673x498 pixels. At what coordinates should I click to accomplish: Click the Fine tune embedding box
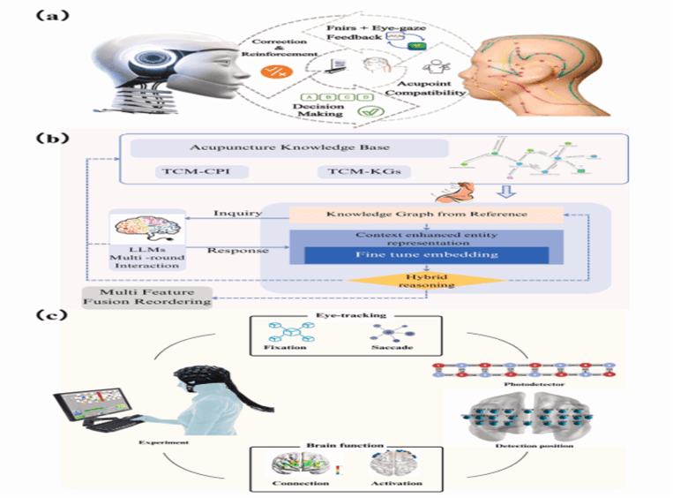click(428, 254)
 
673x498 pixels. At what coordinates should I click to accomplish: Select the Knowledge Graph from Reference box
click(427, 214)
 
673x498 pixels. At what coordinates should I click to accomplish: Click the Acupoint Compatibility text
click(438, 87)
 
